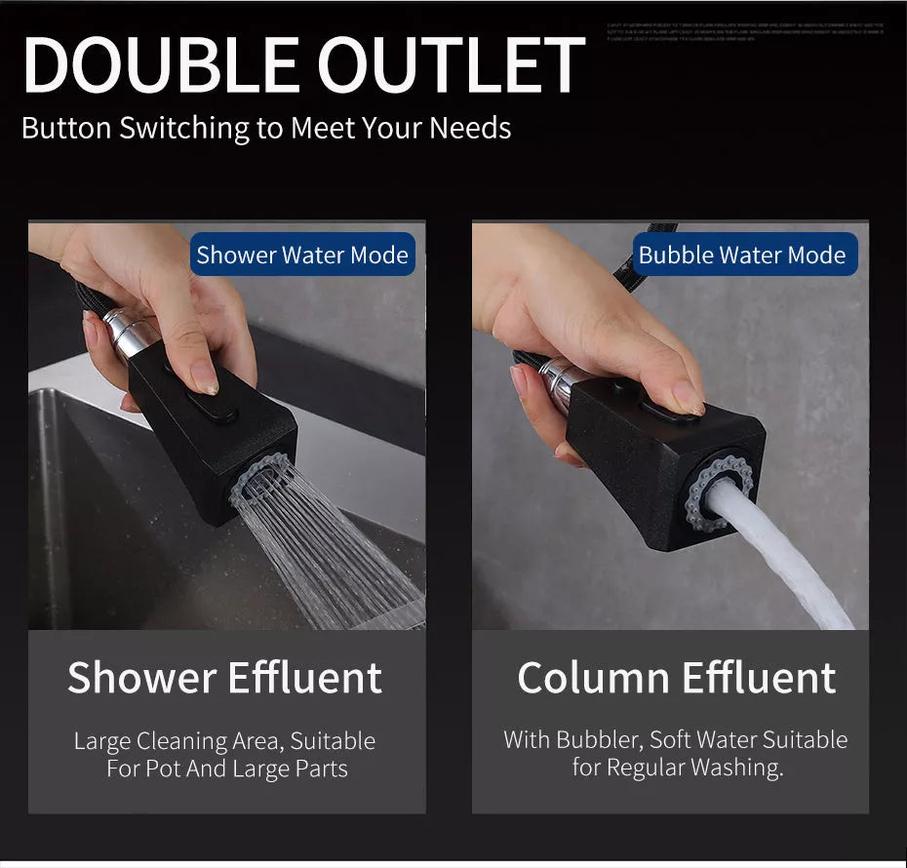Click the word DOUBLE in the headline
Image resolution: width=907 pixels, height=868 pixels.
pos(161,67)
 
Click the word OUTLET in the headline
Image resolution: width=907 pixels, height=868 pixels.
pos(451,67)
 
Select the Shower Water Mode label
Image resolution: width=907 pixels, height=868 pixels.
pos(302,256)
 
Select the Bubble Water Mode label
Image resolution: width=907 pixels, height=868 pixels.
pos(742,256)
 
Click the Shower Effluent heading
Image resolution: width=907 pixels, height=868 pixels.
pos(224,678)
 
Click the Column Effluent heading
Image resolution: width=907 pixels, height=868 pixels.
pos(677,678)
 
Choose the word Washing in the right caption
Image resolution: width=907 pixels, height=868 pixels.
pos(735,768)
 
